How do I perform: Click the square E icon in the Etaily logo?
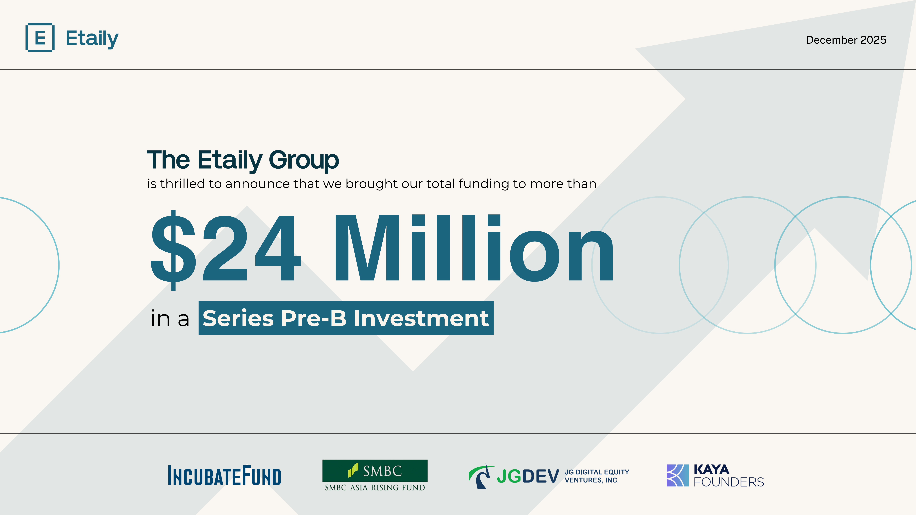40,38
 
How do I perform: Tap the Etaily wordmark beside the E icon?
92,38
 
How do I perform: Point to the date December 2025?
846,40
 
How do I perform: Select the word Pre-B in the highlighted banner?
314,318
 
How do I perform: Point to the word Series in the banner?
238,318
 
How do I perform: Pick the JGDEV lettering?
528,476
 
